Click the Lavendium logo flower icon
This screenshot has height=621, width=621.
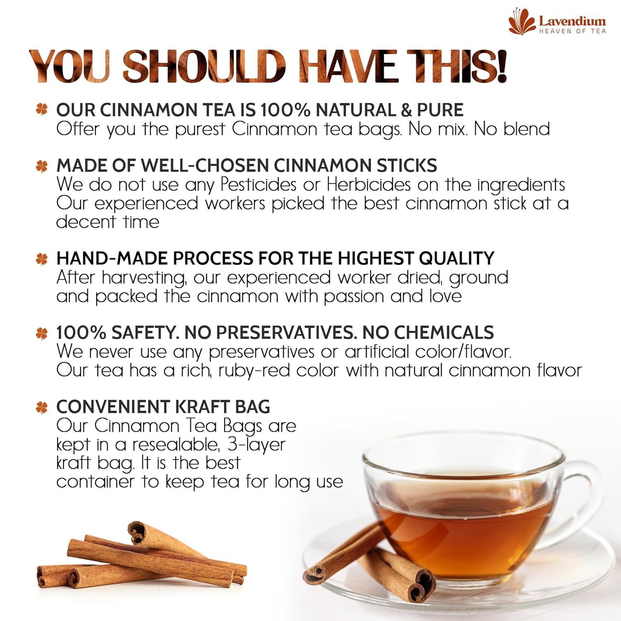point(522,22)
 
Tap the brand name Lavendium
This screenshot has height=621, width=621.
point(572,21)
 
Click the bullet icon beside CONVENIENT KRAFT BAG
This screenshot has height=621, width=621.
point(42,407)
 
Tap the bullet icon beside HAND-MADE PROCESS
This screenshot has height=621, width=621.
point(42,259)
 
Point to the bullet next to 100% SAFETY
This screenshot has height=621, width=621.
point(42,333)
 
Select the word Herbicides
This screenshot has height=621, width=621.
point(368,185)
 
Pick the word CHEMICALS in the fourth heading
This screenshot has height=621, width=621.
point(444,332)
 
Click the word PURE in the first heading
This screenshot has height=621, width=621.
point(440,110)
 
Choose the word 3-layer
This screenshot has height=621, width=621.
point(257,445)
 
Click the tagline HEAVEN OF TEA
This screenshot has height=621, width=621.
point(573,31)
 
